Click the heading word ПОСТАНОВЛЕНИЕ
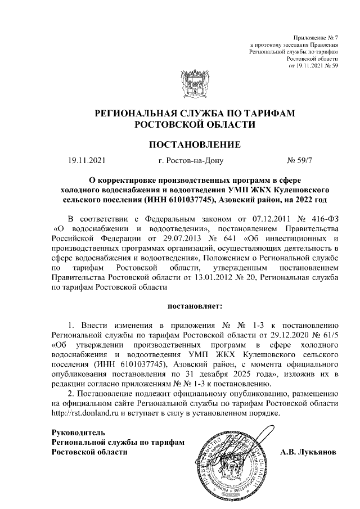[x=194, y=145]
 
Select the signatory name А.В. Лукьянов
[x=308, y=452]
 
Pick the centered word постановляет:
[x=194, y=307]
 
